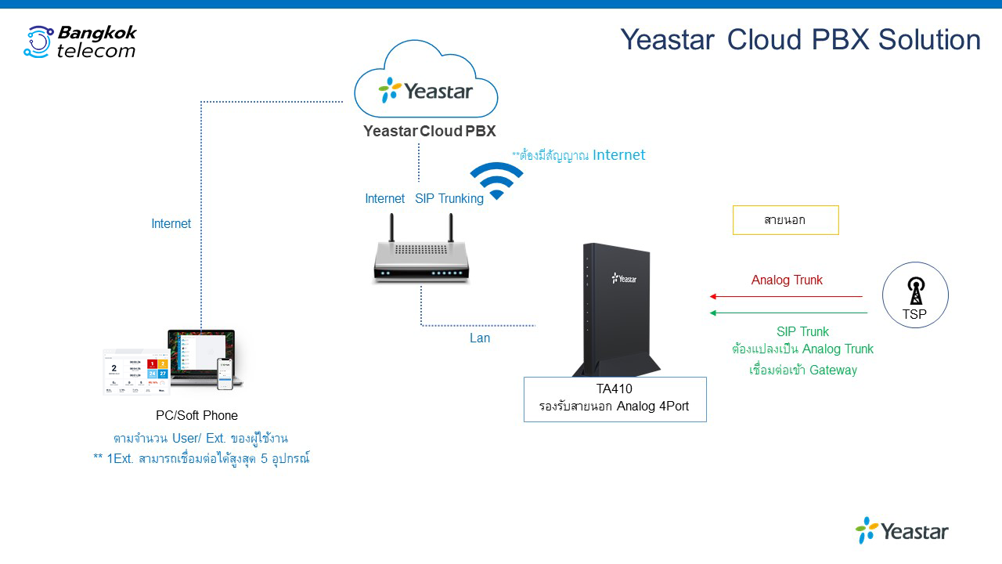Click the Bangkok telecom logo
(x=80, y=42)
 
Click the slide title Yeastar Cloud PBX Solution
(x=800, y=39)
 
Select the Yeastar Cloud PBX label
(x=430, y=131)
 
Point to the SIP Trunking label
(x=449, y=199)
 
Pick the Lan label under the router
(x=480, y=338)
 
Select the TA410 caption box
(x=615, y=399)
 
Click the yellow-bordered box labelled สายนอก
(x=785, y=220)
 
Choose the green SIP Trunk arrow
(x=788, y=313)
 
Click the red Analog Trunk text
(x=787, y=280)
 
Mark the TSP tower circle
(x=915, y=295)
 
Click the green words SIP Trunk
(x=802, y=332)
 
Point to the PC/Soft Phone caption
(x=196, y=416)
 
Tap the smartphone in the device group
(x=225, y=374)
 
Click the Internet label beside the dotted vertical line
(x=171, y=224)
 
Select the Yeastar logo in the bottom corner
(x=902, y=531)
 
